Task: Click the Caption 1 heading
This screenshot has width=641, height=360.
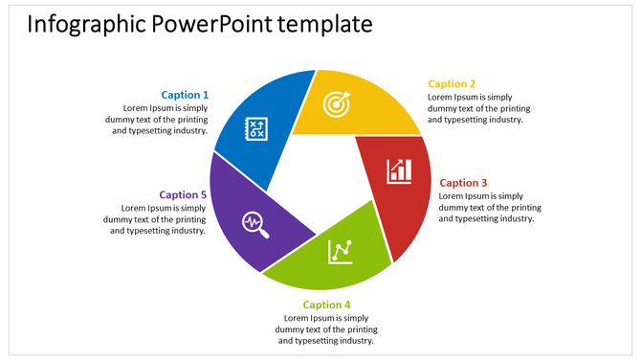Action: click(184, 95)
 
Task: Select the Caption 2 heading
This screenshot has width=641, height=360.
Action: click(452, 84)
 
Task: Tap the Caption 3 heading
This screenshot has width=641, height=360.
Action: click(463, 183)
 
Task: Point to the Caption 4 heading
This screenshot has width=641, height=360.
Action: click(326, 305)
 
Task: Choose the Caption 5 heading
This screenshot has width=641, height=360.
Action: click(183, 195)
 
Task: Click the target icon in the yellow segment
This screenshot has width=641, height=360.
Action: click(336, 103)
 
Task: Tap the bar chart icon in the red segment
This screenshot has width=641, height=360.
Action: click(400, 171)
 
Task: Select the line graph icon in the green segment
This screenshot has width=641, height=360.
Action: click(341, 251)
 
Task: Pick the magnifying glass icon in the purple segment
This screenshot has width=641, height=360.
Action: click(255, 222)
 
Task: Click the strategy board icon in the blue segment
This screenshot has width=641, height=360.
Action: click(257, 129)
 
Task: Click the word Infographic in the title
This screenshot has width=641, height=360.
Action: click(85, 24)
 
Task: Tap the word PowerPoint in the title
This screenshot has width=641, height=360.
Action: click(212, 24)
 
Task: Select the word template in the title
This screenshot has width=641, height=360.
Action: click(325, 24)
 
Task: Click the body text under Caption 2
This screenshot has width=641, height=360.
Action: click(479, 108)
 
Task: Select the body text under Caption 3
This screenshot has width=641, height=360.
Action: click(490, 207)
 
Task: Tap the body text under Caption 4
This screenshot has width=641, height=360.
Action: click(326, 329)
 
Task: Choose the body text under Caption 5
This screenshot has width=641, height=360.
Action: click(156, 219)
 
